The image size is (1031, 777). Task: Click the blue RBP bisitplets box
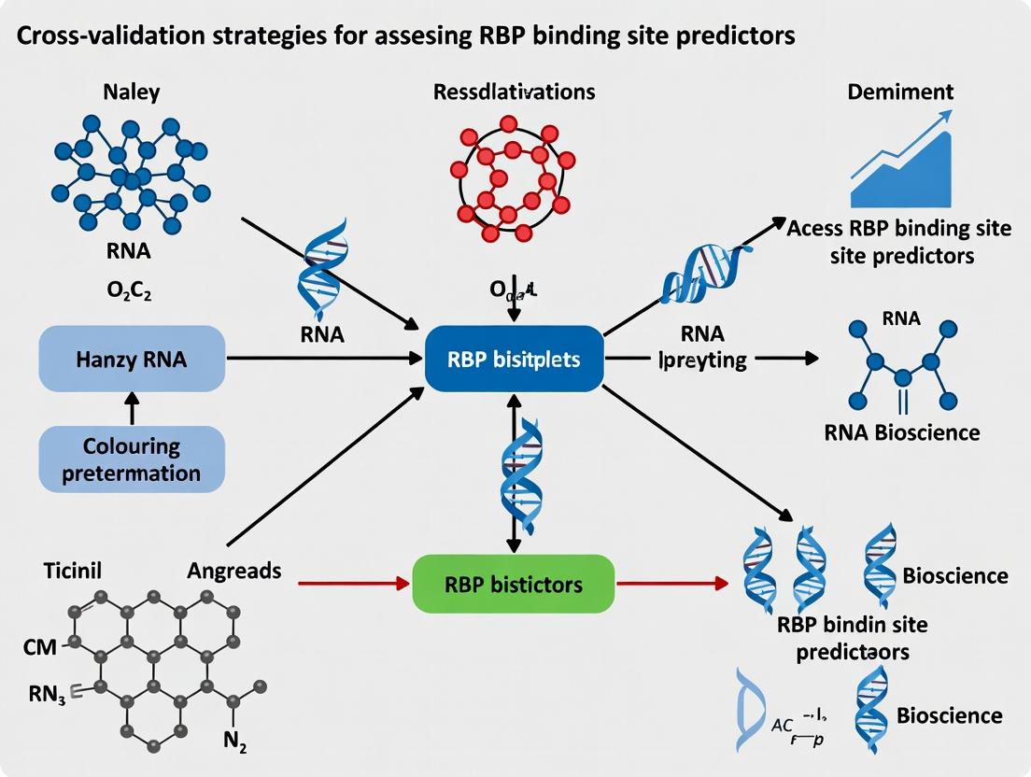point(513,359)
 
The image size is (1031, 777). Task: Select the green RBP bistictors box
point(513,584)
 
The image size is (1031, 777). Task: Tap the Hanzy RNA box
point(131,359)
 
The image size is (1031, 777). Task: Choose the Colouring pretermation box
point(131,459)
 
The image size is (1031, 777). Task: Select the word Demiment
point(899,92)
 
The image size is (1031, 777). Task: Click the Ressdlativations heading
point(514,92)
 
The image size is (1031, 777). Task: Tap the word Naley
point(132,92)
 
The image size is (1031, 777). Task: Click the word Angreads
point(233,570)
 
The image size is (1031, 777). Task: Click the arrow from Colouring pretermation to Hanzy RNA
point(131,408)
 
